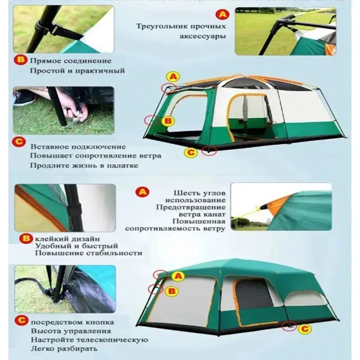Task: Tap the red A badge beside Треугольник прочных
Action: coord(222,15)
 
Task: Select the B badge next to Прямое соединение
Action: coord(21,60)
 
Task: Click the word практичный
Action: coord(103,71)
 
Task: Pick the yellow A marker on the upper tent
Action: coord(173,76)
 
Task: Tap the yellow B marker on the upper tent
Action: coord(167,121)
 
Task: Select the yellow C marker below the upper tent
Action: coord(191,153)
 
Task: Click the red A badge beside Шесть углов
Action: coord(142,192)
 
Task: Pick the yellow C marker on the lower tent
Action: coord(305,329)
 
